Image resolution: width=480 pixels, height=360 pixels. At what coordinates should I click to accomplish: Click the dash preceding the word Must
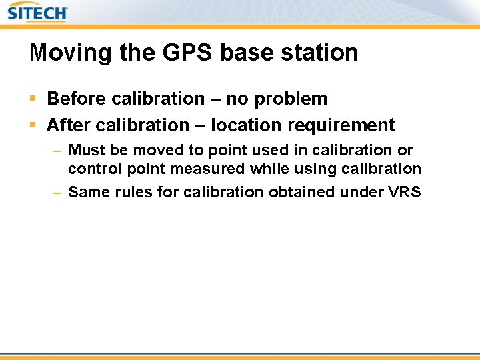(x=57, y=151)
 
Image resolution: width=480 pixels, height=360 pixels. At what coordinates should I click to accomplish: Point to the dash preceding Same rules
(x=57, y=192)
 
